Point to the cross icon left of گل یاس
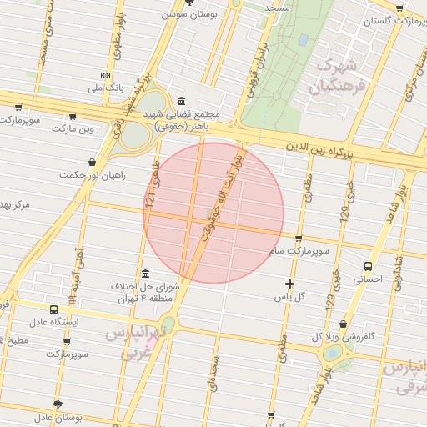289,284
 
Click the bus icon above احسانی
368,266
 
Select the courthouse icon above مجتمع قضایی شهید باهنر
182,101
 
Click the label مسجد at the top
274,7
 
